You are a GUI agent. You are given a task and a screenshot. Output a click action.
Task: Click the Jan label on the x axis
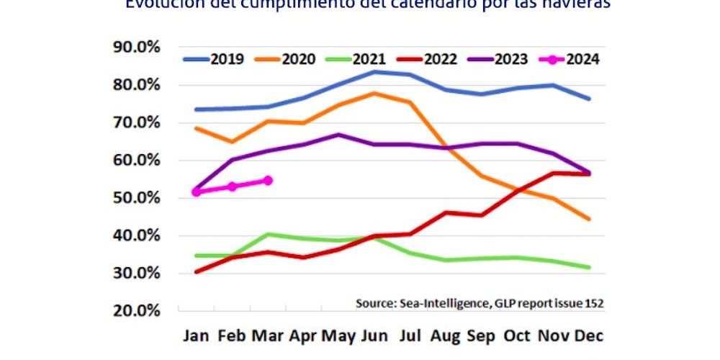pos(197,336)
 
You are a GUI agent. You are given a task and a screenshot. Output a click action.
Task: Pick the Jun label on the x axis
pos(375,336)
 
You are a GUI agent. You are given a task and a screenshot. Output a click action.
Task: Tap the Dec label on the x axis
pos(589,336)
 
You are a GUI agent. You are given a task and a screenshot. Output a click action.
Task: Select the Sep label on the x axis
pos(482,336)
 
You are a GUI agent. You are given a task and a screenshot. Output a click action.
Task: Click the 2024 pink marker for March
pos(268,181)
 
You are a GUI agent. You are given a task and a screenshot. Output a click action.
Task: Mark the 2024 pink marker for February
pos(233,186)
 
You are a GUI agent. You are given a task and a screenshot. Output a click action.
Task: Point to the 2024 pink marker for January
pos(197,192)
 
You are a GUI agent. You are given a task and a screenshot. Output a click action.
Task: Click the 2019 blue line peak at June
pos(375,72)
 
